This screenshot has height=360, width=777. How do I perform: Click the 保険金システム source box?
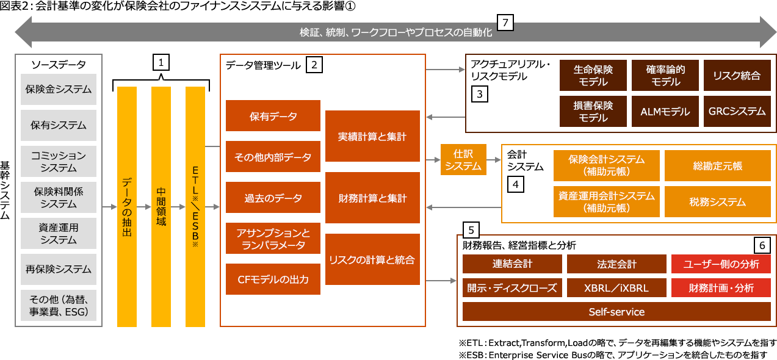point(59,89)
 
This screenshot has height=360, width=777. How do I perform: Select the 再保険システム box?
point(59,268)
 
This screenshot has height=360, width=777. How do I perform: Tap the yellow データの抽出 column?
point(126,206)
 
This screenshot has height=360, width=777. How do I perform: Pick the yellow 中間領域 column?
point(161,206)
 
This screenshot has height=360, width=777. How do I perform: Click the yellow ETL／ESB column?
point(195,206)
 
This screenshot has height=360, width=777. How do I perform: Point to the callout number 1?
point(161,62)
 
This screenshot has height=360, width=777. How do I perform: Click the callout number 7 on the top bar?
point(505,23)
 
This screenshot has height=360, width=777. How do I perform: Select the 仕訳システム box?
point(463,160)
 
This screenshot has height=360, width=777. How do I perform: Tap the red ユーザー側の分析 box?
point(721,264)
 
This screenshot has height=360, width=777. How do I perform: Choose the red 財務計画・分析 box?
point(721,287)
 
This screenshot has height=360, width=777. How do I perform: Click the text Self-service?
point(616,312)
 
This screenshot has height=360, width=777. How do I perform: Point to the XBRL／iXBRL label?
point(616,288)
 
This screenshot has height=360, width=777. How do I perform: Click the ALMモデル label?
point(665,112)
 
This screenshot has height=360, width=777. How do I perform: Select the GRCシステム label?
point(737,111)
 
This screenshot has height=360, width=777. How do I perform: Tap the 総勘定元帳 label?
point(718,165)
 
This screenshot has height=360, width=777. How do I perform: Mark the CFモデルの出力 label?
point(273,279)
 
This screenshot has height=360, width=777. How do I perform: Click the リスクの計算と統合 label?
point(372,259)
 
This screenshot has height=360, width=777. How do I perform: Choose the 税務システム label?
point(718,201)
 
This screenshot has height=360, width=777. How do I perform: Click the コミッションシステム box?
point(59,161)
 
